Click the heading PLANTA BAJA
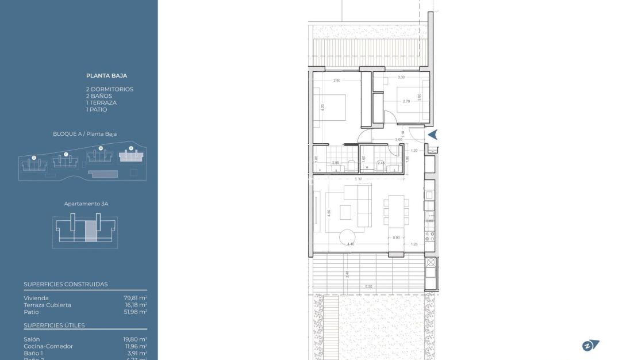coord(106,75)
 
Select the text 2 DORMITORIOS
coord(109,89)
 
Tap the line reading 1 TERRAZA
coord(101,103)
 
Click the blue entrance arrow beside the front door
coord(433,135)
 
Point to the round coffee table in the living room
coord(348,236)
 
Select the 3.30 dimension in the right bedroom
coord(401,77)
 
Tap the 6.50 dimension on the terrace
coord(368,286)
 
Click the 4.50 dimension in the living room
coord(328,212)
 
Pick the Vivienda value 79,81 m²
coord(135,298)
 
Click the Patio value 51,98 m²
coord(135,312)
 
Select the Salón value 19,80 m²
coord(135,339)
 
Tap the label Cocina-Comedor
coord(48,346)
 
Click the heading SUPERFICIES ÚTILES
coord(54,325)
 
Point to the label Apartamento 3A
coord(86,204)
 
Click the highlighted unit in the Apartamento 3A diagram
coord(91,231)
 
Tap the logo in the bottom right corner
coord(590,345)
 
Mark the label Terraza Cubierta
coord(48,305)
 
